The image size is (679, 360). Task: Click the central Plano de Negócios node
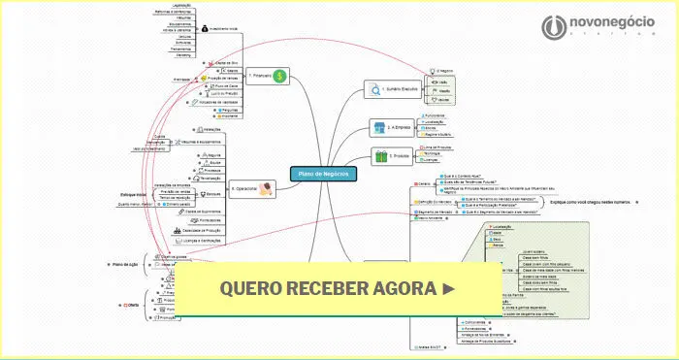[324, 173]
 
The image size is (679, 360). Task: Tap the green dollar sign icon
[279, 75]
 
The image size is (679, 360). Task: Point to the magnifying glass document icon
[377, 89]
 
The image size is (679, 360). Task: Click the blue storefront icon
[379, 126]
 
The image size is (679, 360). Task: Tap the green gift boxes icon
[379, 155]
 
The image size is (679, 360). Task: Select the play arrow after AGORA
[447, 288]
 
